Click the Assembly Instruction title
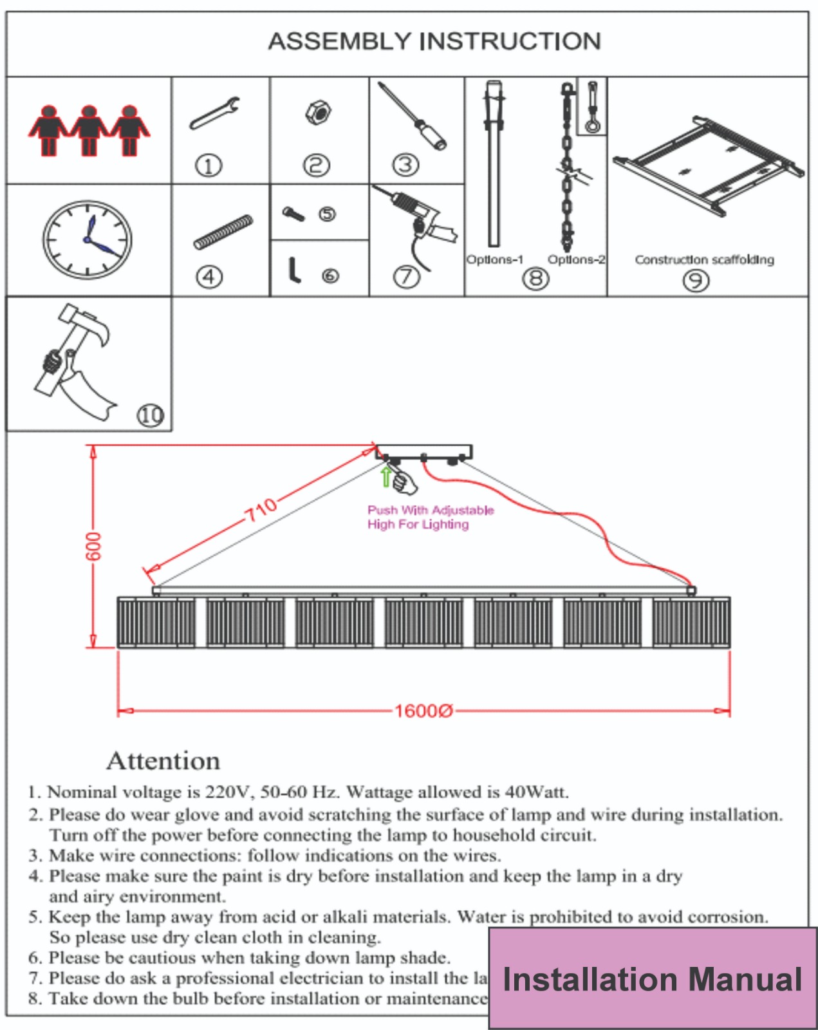(x=434, y=41)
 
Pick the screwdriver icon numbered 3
(x=412, y=116)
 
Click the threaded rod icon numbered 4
(x=223, y=232)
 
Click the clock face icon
(x=88, y=239)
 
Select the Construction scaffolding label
(x=704, y=259)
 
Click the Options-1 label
(x=494, y=259)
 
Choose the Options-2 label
(x=576, y=259)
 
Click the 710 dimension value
(x=261, y=509)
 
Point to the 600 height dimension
(x=94, y=546)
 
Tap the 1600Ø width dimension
(x=423, y=711)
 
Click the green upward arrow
(x=386, y=476)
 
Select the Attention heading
(x=163, y=760)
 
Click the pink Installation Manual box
(x=652, y=979)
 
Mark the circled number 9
(x=696, y=281)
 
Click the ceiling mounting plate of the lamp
(x=423, y=451)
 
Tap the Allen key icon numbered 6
(x=294, y=270)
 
